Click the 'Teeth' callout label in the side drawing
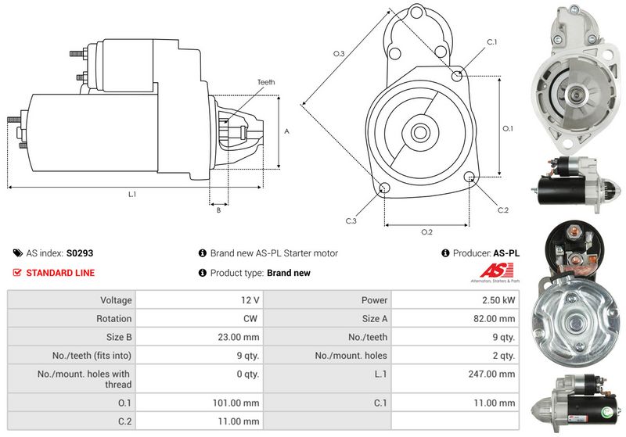(265, 82)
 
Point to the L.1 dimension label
(132, 193)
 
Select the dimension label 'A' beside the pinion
(287, 131)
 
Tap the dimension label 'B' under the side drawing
(218, 210)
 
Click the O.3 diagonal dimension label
(339, 53)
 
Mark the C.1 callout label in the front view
(492, 41)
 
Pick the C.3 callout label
(351, 221)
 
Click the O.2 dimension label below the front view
(426, 232)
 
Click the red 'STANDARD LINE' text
(60, 273)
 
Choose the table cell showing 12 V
(251, 300)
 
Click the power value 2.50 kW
(499, 300)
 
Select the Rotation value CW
(251, 318)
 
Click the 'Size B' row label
(114, 337)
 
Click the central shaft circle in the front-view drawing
(416, 131)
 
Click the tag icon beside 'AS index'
(17, 253)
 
